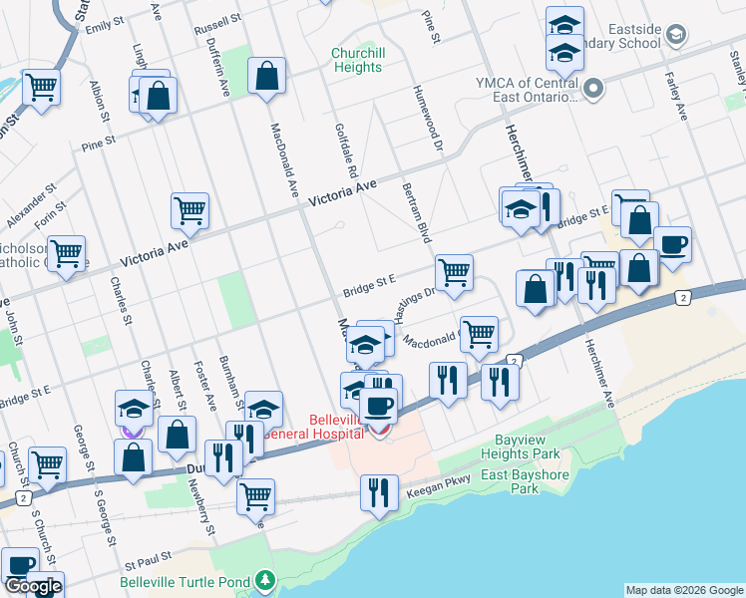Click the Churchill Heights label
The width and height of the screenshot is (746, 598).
click(357, 60)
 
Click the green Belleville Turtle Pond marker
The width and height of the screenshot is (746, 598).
click(264, 580)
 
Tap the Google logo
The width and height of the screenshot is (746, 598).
click(33, 586)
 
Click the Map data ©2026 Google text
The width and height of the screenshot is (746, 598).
click(683, 590)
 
